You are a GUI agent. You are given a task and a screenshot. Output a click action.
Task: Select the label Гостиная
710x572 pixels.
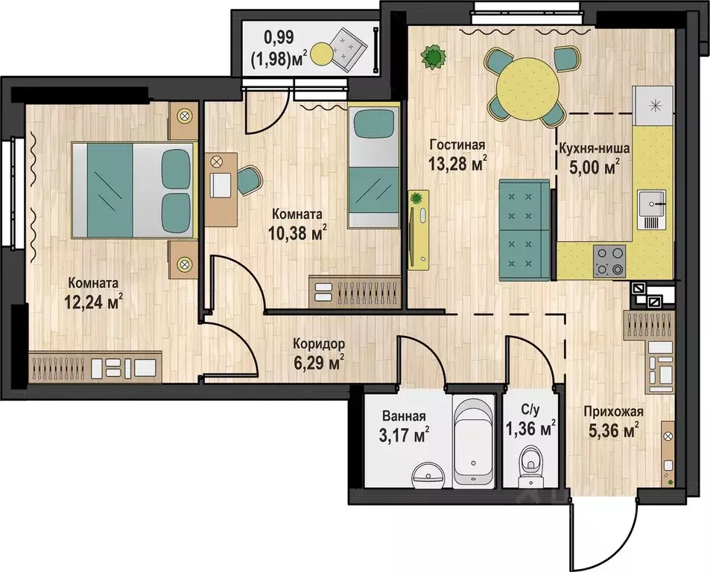tap(457, 145)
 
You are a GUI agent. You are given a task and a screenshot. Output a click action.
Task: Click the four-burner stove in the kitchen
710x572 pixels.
tap(609, 261)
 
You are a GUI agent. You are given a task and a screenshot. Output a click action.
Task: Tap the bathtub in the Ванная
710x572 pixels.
tap(473, 443)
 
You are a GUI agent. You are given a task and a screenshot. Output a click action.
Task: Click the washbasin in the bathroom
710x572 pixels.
tap(428, 476)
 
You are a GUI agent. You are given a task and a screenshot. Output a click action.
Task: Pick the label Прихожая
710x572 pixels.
tap(614, 412)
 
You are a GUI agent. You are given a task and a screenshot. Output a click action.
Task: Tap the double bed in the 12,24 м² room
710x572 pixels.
tap(134, 190)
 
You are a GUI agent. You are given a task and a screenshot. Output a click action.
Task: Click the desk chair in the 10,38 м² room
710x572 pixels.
tap(248, 180)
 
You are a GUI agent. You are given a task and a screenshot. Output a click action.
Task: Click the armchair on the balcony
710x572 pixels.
tap(347, 48)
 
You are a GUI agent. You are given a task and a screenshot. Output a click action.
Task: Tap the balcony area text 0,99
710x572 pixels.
tap(279, 37)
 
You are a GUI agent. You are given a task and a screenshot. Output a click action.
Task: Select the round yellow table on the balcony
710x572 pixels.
tap(322, 53)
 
